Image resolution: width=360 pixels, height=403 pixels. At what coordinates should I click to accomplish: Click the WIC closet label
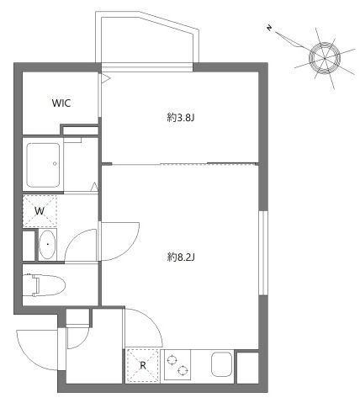pos(61,103)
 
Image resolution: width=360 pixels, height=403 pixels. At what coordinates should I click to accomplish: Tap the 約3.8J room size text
pos(181,118)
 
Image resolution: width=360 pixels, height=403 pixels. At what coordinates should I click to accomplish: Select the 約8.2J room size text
pos(181,256)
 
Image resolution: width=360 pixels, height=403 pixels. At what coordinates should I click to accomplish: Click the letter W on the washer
pos(39,211)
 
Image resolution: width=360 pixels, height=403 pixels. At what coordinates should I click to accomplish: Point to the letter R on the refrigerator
pos(143,365)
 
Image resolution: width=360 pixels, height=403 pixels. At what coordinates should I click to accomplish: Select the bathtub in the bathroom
pos(43,165)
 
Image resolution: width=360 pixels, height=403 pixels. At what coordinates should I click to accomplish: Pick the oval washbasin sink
pos(47,247)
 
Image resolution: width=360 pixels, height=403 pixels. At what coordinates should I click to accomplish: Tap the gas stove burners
pos(178,365)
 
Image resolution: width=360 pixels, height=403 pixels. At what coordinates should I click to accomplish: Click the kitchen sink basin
pos(220,365)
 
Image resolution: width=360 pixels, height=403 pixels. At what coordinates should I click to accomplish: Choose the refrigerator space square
pos(142,365)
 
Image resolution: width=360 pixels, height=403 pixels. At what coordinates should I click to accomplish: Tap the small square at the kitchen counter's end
pos(247,367)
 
